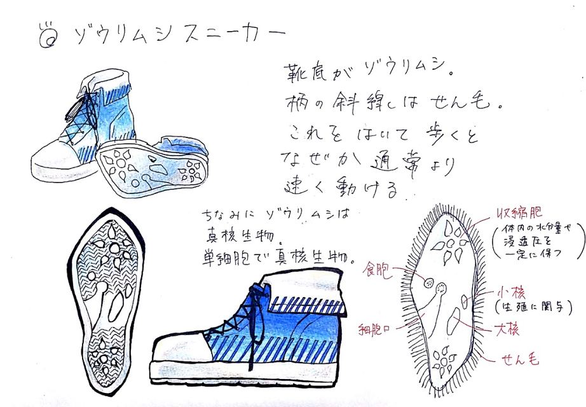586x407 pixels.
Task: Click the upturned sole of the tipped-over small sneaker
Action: tap(153, 167)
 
